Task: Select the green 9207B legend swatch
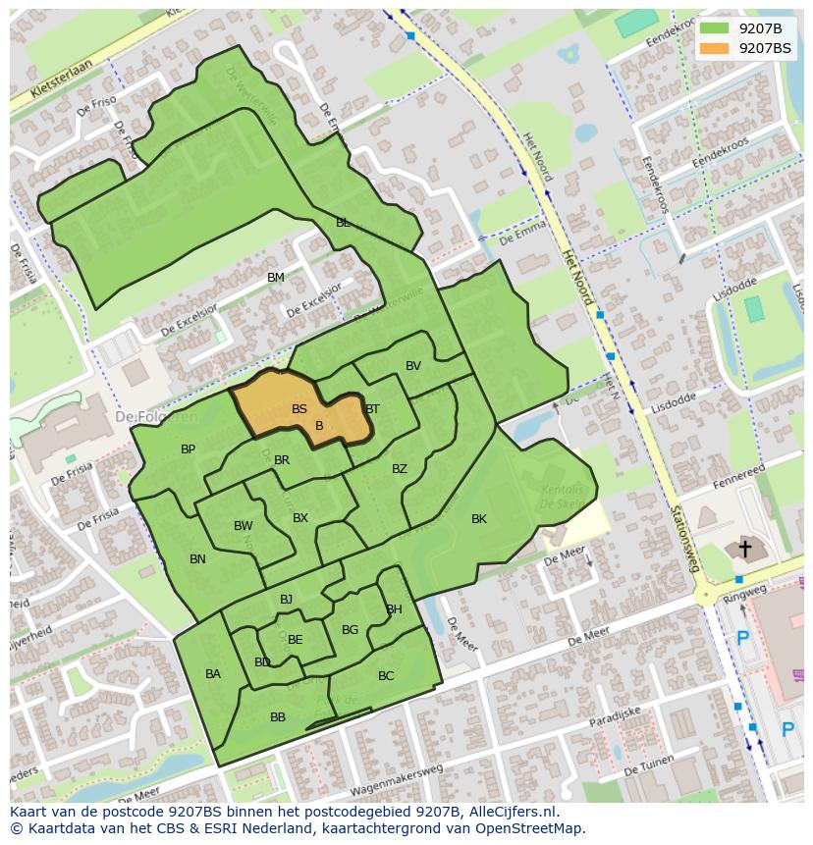tap(714, 27)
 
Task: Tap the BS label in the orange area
tap(299, 409)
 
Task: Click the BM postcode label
tap(276, 278)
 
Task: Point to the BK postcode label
tap(479, 519)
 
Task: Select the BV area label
tap(413, 366)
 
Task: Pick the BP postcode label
tap(188, 449)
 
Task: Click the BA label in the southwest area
tap(213, 674)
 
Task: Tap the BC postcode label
tap(386, 676)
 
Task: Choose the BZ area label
tap(400, 469)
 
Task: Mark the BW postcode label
tap(244, 526)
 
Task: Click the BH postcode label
tap(394, 609)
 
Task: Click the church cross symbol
tap(745, 549)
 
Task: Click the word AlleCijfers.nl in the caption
tap(514, 812)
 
